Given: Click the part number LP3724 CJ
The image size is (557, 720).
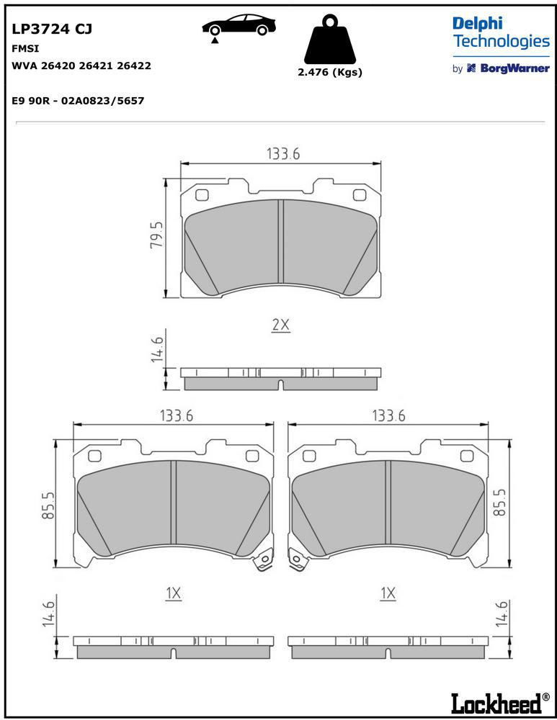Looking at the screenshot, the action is (x=52, y=29).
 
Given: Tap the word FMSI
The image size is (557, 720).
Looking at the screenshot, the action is (x=25, y=48).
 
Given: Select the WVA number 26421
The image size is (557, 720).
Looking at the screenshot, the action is (x=97, y=66).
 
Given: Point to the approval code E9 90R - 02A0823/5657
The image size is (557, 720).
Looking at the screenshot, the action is (x=78, y=101).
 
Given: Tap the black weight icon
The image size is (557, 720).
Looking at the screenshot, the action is (x=330, y=40).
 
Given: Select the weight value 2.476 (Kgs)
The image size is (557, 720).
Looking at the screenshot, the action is (x=330, y=72).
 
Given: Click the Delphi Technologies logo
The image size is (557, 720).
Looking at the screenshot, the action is (x=501, y=32).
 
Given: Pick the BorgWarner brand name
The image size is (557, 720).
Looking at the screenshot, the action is (x=514, y=68).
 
